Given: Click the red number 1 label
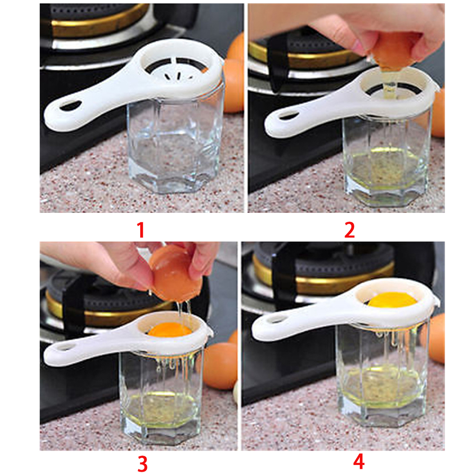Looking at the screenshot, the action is [141, 230].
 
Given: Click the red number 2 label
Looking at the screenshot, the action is [349, 230].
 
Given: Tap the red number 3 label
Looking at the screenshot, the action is [143, 464].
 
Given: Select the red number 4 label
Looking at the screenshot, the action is [359, 462].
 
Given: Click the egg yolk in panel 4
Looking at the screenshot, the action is [392, 300].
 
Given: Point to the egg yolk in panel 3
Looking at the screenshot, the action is [170, 329].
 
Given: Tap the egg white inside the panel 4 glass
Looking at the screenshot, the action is [382, 386].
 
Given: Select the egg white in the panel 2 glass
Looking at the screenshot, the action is [386, 169].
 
